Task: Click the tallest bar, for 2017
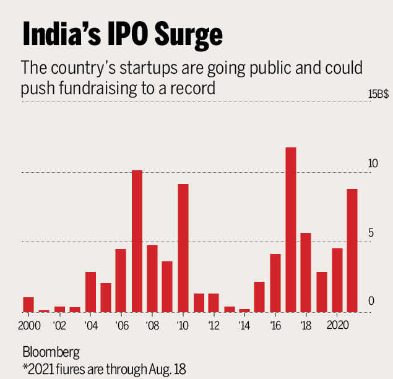[290, 230]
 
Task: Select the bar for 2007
[137, 241]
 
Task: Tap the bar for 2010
[183, 248]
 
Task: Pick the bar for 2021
[352, 250]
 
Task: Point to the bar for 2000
[28, 305]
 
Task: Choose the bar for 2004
[90, 292]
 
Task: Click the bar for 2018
[306, 272]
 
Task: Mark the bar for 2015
[259, 297]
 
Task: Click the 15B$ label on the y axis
[378, 94]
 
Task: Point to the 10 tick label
[373, 164]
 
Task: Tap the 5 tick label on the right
[371, 233]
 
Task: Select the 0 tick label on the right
[371, 301]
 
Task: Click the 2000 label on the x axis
[28, 325]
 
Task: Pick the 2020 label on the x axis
[337, 325]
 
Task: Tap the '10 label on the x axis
[182, 325]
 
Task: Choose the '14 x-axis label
[244, 325]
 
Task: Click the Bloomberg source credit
[51, 353]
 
